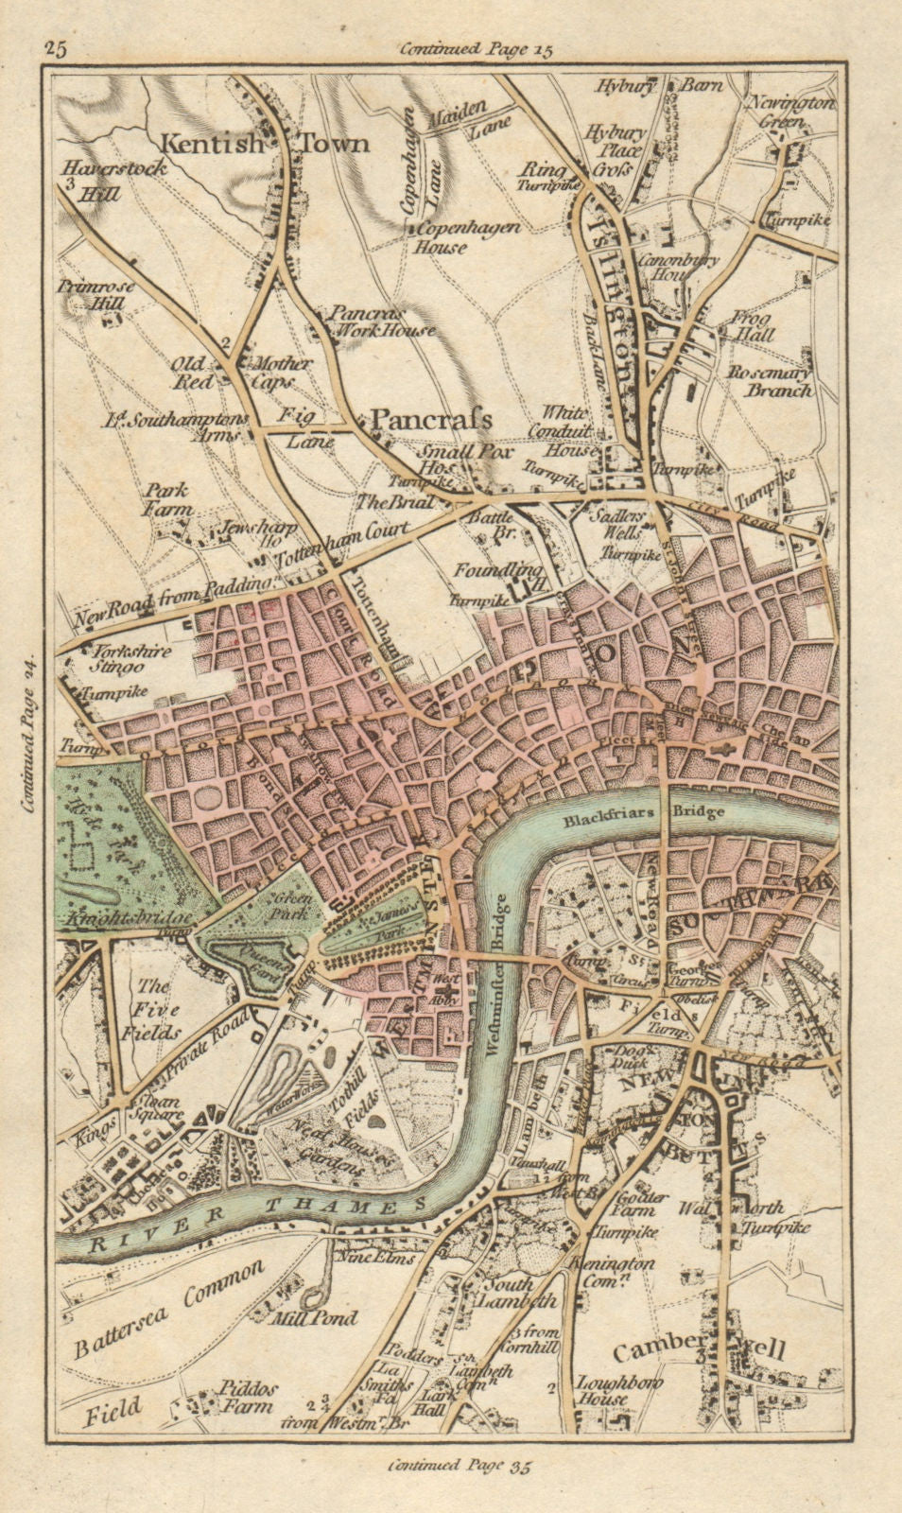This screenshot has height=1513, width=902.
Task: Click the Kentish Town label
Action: [264, 144]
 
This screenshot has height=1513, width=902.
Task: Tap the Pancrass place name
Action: [430, 418]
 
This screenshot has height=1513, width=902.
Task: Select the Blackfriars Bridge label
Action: [643, 811]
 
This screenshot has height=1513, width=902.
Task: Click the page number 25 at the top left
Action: [55, 50]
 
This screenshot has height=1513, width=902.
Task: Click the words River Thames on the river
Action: [255, 1215]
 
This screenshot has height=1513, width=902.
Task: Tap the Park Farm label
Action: [166, 499]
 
